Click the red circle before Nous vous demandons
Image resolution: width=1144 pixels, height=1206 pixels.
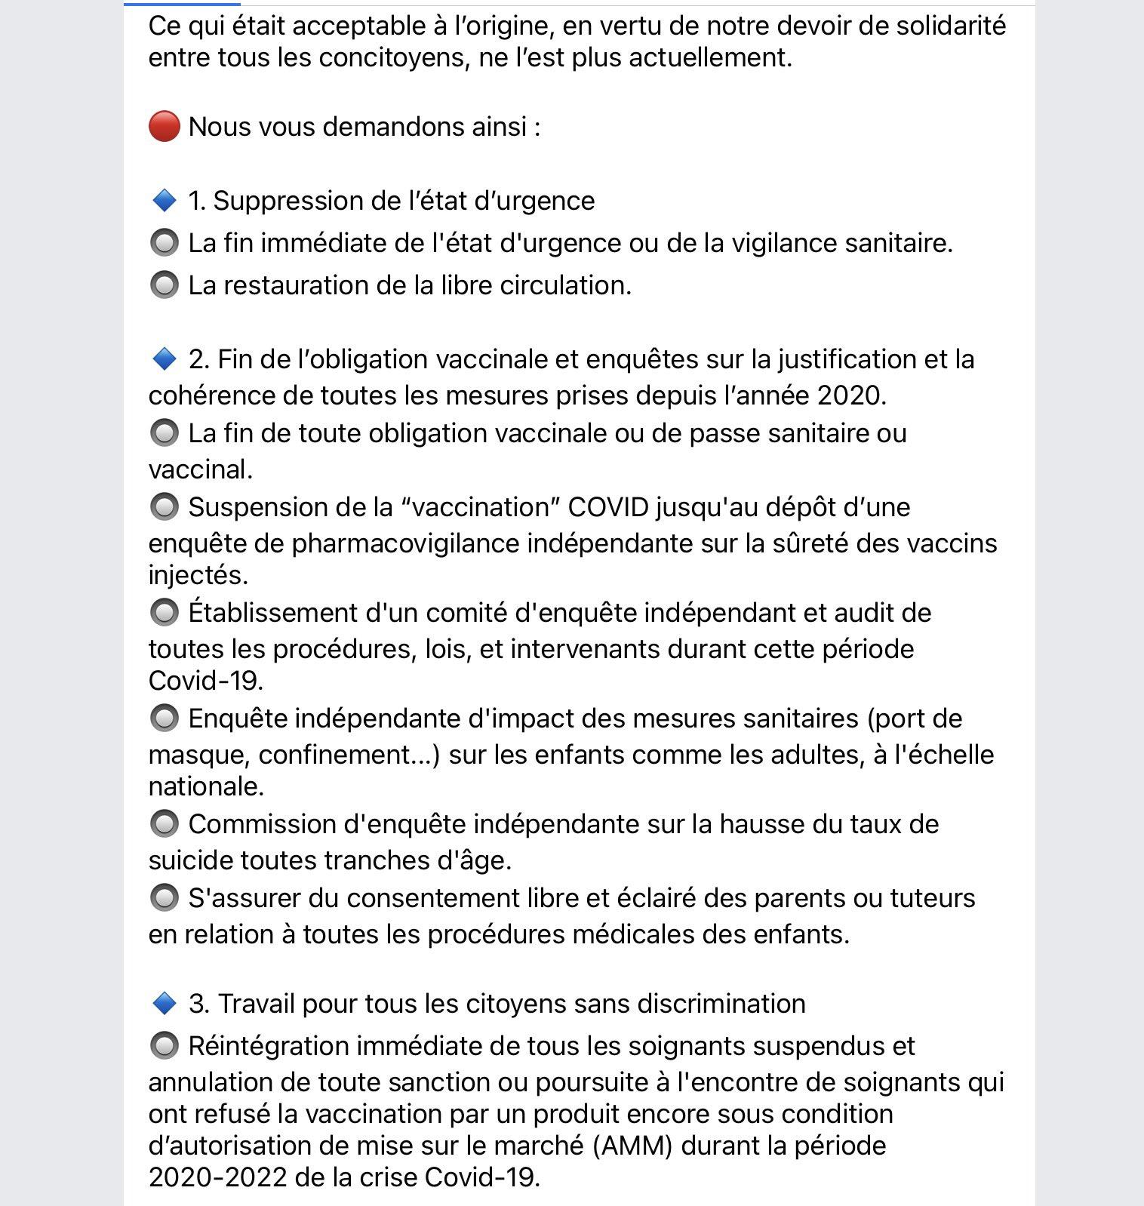(164, 126)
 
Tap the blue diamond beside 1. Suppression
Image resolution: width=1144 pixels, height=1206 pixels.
(164, 201)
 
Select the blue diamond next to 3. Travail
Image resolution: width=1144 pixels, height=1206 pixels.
(164, 1004)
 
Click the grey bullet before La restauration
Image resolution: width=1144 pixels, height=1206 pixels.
(164, 285)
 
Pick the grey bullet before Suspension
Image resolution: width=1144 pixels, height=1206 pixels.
(164, 506)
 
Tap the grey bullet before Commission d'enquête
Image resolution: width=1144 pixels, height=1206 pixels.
(164, 823)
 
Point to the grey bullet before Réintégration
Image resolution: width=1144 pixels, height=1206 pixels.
(164, 1046)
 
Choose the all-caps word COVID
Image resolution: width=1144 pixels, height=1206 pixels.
(608, 507)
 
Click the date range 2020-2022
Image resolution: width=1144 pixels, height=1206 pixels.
(217, 1177)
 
